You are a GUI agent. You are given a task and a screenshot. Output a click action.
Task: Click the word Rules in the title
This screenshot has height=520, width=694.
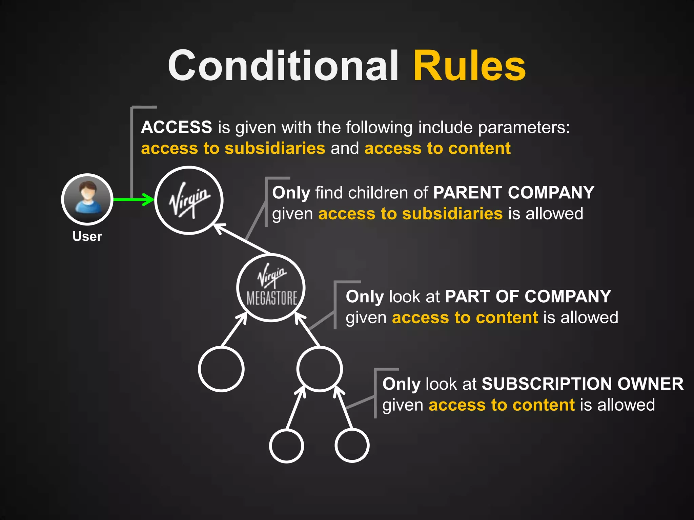[469, 66]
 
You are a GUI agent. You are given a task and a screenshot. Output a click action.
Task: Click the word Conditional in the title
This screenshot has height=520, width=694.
[283, 66]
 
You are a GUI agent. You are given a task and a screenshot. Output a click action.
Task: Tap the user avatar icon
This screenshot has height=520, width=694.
[87, 199]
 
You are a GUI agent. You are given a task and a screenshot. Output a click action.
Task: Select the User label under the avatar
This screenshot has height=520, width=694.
[87, 236]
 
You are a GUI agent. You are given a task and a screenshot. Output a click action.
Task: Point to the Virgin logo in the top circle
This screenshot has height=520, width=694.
[189, 200]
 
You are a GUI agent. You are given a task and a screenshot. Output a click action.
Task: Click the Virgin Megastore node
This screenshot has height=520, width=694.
[271, 287]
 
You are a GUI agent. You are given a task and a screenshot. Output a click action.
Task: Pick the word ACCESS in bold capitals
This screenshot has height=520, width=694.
[177, 127]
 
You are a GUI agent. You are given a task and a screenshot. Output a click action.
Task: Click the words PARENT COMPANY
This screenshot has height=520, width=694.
[513, 193]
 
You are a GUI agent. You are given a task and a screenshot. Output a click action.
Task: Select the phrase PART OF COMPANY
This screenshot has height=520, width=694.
[528, 297]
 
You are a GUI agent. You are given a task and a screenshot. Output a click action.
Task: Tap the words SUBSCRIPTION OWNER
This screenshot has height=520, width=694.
[583, 384]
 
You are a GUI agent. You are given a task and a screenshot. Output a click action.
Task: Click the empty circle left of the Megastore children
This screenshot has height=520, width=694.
[221, 369]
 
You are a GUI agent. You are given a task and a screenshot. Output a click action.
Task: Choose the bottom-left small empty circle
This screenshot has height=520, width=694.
[287, 446]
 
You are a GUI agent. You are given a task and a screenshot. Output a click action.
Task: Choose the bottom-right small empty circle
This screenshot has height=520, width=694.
[352, 446]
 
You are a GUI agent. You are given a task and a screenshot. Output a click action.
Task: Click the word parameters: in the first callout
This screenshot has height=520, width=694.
[524, 128]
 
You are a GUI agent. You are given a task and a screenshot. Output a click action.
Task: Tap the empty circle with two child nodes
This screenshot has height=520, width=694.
[319, 369]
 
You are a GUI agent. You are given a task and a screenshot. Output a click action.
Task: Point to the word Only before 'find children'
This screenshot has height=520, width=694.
[291, 193]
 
